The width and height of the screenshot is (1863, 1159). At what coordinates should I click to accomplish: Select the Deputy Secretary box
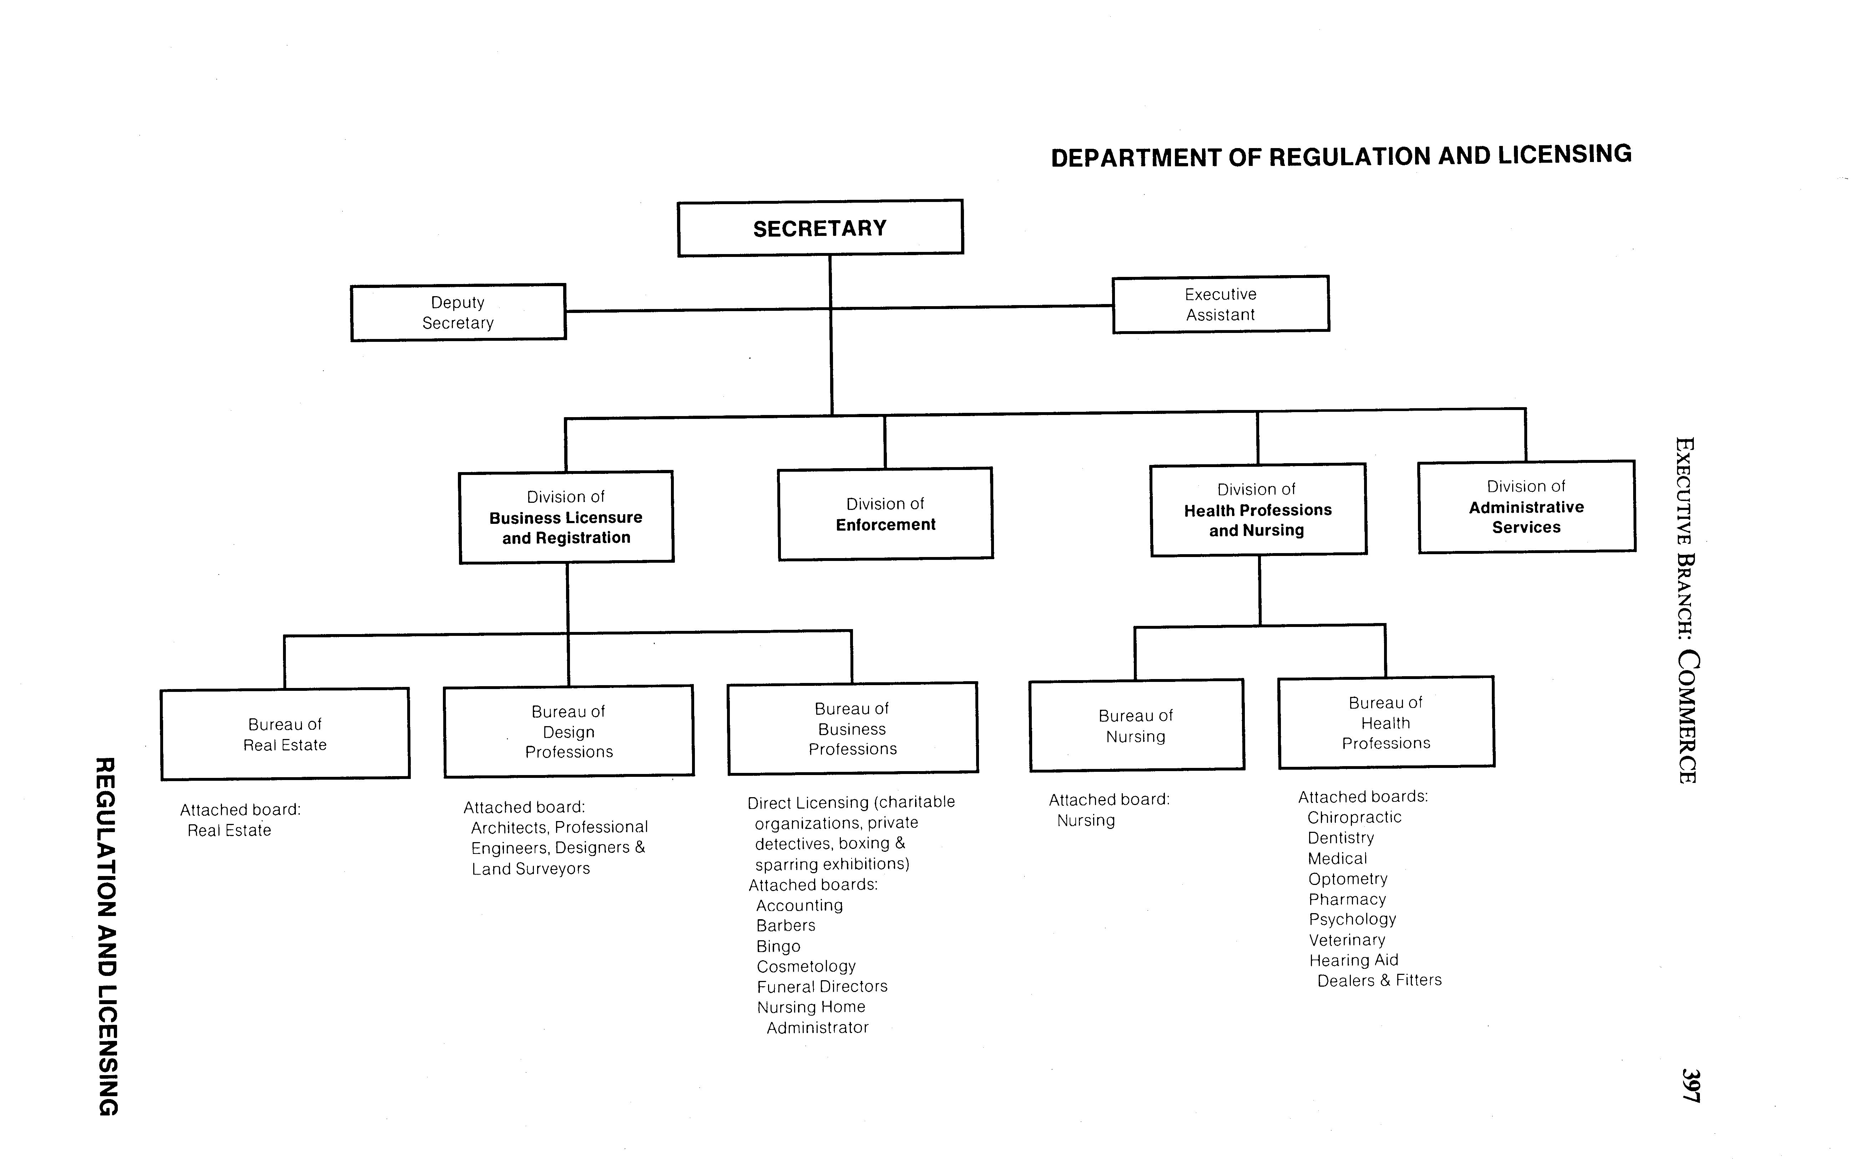(x=458, y=313)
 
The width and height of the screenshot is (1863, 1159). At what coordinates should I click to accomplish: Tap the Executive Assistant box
(x=1221, y=304)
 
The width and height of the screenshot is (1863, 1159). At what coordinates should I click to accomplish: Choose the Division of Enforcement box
(x=885, y=514)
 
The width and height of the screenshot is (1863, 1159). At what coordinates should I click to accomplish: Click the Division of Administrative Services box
(x=1526, y=507)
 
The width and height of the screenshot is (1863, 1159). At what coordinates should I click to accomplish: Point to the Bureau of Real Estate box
(x=285, y=734)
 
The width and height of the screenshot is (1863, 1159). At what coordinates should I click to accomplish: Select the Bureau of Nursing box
(x=1136, y=726)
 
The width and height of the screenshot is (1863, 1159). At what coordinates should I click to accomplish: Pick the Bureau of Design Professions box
(x=569, y=731)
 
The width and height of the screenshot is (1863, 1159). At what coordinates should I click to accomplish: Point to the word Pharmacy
(x=1347, y=899)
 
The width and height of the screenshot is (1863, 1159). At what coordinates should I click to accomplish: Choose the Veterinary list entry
(x=1347, y=940)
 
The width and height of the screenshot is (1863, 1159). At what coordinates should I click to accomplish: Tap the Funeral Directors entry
(x=822, y=987)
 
